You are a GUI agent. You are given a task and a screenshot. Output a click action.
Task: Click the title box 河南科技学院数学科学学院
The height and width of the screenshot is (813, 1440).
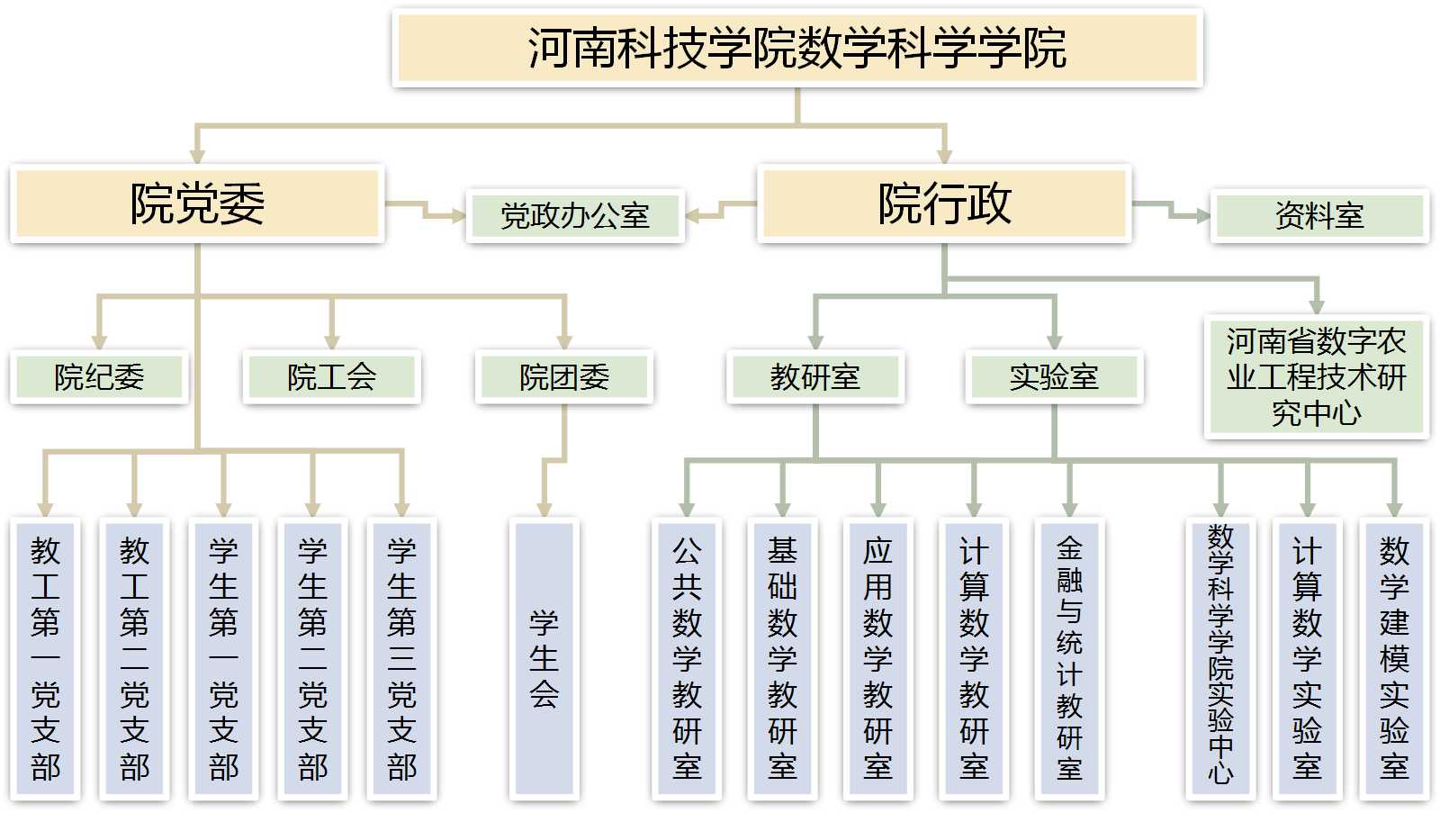[797, 49]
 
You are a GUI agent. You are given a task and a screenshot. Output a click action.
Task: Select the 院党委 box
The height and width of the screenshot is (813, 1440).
[197, 203]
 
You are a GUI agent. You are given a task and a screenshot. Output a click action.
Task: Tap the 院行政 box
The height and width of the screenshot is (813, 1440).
[944, 203]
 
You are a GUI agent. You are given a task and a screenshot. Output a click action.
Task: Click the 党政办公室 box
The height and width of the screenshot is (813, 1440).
[575, 216]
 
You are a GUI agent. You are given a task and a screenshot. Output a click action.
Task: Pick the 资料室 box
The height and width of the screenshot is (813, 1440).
[1318, 216]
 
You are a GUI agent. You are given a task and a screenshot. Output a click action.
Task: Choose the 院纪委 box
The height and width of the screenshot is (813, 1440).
[99, 376]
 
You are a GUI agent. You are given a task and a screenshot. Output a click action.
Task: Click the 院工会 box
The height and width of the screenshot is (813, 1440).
[331, 376]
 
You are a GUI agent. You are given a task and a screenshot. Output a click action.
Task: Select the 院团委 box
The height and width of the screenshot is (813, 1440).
[564, 376]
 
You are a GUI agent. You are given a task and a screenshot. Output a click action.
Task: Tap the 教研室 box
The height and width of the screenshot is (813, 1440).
[814, 376]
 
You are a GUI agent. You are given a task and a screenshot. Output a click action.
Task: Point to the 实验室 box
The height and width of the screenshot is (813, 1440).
[1054, 376]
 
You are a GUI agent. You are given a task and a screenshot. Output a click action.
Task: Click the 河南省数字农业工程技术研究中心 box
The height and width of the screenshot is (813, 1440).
[1316, 377]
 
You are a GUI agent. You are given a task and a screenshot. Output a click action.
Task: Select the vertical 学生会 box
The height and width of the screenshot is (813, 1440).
[544, 659]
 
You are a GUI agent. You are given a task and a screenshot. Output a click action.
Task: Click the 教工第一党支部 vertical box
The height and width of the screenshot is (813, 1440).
[45, 659]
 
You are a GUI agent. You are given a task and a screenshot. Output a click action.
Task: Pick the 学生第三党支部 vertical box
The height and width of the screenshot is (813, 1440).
[401, 659]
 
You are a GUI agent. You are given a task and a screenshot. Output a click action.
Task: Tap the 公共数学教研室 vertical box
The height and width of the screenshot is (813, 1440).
[687, 659]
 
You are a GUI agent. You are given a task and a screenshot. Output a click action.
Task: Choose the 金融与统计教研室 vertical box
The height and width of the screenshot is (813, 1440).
[1069, 659]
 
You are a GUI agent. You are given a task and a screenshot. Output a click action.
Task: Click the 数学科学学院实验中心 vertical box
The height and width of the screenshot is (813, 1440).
[1220, 659]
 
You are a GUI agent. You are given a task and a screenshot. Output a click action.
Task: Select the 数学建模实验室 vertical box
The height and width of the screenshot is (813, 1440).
[1394, 659]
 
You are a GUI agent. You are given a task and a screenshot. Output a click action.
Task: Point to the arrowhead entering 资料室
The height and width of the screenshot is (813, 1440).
[1203, 216]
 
